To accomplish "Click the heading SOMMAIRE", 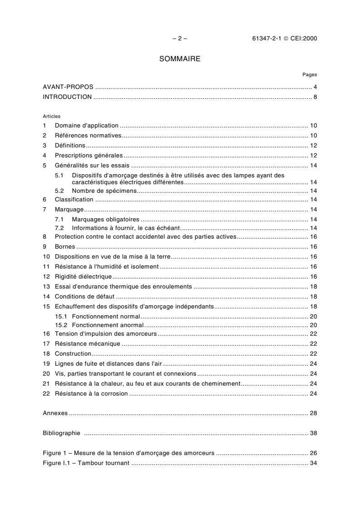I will click(180, 59).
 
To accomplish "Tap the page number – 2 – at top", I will click(180, 39).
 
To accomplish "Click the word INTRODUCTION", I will click(67, 97).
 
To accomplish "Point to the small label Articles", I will click(51, 116).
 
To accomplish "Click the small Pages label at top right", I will click(310, 75).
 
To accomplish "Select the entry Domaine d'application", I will click(86, 126).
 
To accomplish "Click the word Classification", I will click(74, 200).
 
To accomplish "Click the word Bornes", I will click(65, 247).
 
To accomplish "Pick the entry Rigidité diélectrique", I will click(83, 277).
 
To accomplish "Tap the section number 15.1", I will click(61, 316).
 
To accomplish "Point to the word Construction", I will click(73, 353).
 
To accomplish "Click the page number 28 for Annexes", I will click(313, 413).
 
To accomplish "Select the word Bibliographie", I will click(61, 433).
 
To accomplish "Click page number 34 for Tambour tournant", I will click(313, 463).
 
